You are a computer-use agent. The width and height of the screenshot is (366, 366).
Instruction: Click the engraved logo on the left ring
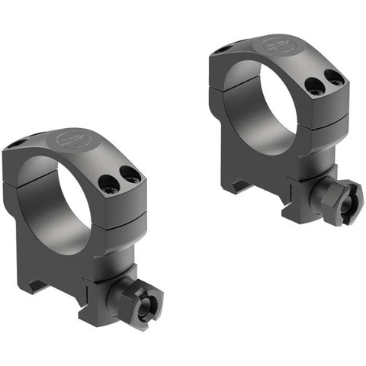67,140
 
